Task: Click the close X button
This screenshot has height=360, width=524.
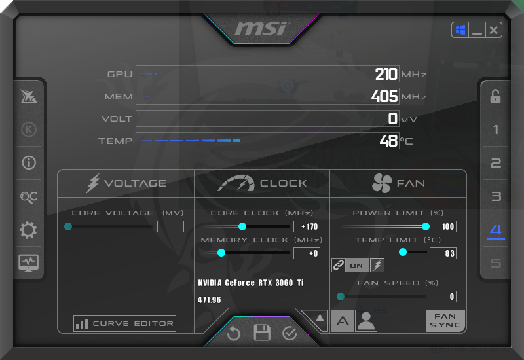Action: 494,30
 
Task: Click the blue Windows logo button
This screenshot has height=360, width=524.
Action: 460,30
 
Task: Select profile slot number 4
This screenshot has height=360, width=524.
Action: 496,230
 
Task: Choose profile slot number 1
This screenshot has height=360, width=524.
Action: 496,130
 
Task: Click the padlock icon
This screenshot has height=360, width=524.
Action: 495,96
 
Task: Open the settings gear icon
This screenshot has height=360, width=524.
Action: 28,230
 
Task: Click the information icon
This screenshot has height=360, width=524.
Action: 29,163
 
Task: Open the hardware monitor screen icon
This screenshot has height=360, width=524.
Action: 28,263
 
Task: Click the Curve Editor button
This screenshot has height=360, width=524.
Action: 124,323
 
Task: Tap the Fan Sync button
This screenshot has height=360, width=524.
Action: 445,321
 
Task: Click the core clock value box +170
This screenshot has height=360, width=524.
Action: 307,226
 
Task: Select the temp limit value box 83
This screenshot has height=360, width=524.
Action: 443,253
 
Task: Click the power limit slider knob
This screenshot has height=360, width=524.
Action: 425,226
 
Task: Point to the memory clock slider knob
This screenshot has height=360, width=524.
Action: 221,253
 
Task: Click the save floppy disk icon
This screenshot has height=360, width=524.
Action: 261,333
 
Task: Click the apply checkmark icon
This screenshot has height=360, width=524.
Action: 290,333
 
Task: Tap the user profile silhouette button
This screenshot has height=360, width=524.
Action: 366,321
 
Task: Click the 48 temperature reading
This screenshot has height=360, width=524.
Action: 388,141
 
